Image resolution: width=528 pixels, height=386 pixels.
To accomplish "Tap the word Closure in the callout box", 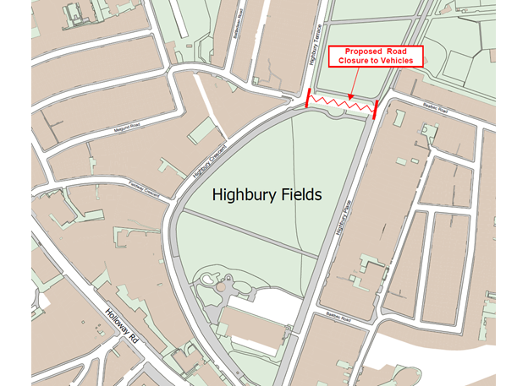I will pyautogui.click(x=357, y=62).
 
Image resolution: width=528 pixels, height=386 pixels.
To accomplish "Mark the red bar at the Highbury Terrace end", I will pyautogui.click(x=307, y=99).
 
